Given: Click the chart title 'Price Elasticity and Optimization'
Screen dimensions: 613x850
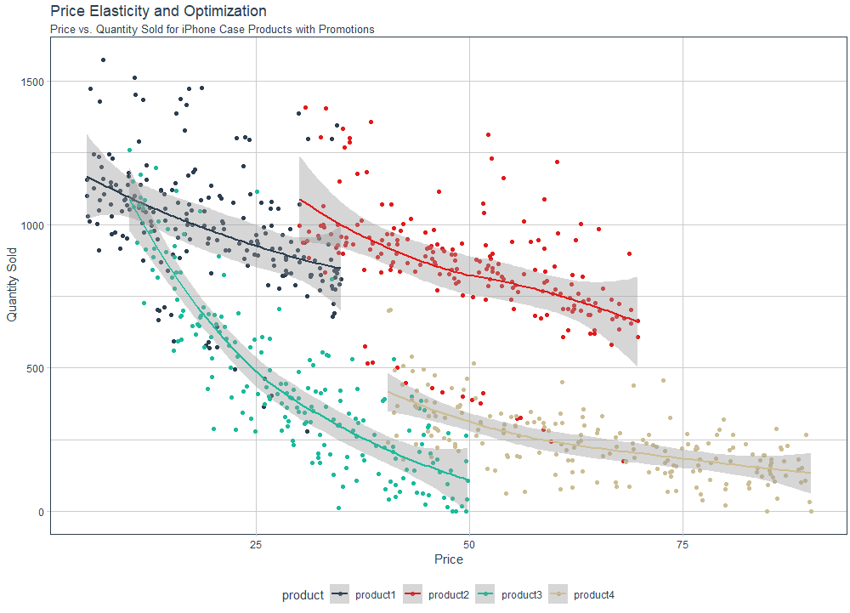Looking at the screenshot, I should click(158, 11).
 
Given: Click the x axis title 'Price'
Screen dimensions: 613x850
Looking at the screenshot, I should click(448, 559).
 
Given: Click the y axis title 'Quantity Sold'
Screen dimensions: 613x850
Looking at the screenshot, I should click(12, 285).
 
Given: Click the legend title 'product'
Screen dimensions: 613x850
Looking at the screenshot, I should click(303, 595).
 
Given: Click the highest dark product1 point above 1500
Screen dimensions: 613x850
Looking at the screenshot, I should click(103, 60).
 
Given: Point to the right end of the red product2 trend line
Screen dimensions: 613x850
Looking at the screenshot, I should click(638, 321).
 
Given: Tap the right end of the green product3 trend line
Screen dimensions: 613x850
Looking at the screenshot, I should click(468, 480).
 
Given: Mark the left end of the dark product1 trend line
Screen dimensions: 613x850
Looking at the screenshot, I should click(86, 178).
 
